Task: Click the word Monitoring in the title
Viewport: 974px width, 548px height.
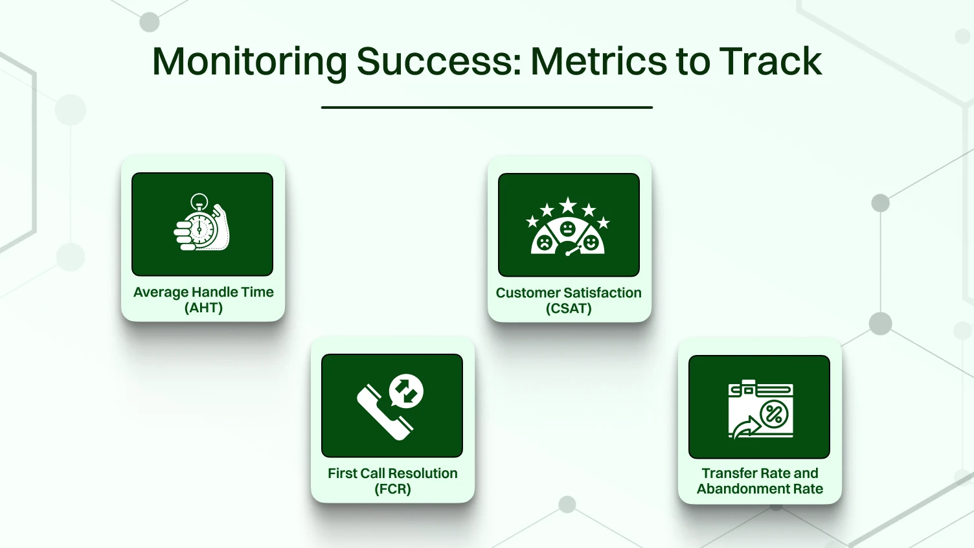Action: coord(249,62)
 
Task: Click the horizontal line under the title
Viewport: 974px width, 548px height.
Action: coord(486,108)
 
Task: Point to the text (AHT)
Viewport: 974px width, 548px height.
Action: coord(203,308)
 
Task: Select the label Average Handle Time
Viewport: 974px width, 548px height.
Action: coord(203,292)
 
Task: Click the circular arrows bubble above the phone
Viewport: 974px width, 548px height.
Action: coord(407,391)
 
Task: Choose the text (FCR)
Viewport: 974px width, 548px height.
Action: coord(392,489)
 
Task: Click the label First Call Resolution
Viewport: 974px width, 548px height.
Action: coord(392,474)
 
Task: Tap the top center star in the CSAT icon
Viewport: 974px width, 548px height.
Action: coord(568,205)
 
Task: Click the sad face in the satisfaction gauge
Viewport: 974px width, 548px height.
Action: coord(545,243)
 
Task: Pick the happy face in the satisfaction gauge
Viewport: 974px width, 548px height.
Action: coord(591,242)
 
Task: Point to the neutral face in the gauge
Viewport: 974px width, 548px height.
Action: coord(567,229)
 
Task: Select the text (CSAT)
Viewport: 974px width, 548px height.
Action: coord(569,308)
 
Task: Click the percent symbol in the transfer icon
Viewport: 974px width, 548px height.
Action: coord(774,413)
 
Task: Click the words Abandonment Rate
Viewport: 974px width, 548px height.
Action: coord(760,489)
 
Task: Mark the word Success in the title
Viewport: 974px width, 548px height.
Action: coord(438,62)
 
